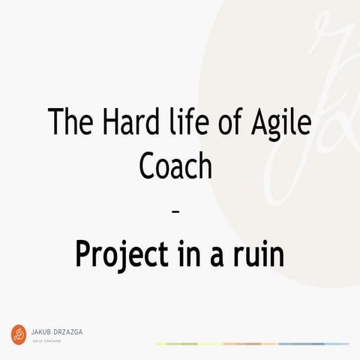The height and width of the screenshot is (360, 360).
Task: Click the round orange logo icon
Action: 19,334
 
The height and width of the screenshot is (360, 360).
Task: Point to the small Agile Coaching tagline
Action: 46,340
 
